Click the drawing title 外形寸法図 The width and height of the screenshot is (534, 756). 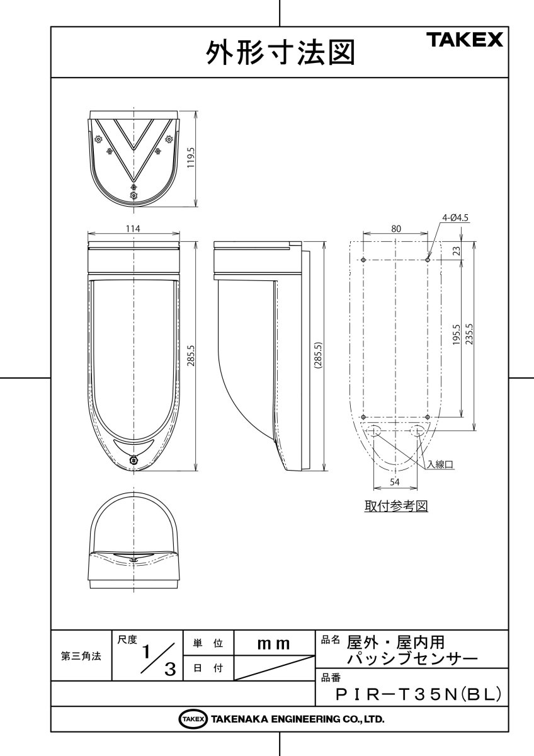(x=280, y=53)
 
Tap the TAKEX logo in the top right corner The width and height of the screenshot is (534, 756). (x=466, y=40)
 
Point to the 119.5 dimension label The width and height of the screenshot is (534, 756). (x=191, y=157)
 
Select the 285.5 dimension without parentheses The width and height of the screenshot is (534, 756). (x=191, y=357)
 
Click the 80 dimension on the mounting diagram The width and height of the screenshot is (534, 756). (x=395, y=229)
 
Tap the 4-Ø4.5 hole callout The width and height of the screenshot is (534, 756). (x=456, y=218)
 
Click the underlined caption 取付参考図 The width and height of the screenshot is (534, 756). (x=396, y=507)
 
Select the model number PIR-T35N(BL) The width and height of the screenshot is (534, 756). (x=419, y=694)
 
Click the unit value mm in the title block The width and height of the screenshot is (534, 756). (x=274, y=644)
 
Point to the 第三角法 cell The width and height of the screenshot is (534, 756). (x=81, y=656)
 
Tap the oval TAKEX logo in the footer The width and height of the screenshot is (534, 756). (x=193, y=719)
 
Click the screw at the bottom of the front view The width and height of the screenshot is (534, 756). (x=133, y=461)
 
